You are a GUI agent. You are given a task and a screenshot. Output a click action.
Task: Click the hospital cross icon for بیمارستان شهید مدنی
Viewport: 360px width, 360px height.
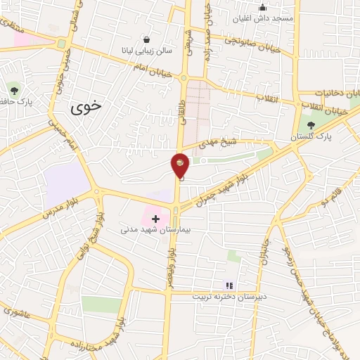point(155,219)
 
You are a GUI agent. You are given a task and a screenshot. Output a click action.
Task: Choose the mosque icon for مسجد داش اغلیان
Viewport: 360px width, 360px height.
point(262,8)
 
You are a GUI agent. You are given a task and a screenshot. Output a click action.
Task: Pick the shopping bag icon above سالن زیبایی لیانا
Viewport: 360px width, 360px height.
point(146,40)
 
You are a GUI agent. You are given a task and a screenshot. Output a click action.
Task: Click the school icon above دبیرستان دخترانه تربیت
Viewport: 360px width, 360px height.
point(229,285)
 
